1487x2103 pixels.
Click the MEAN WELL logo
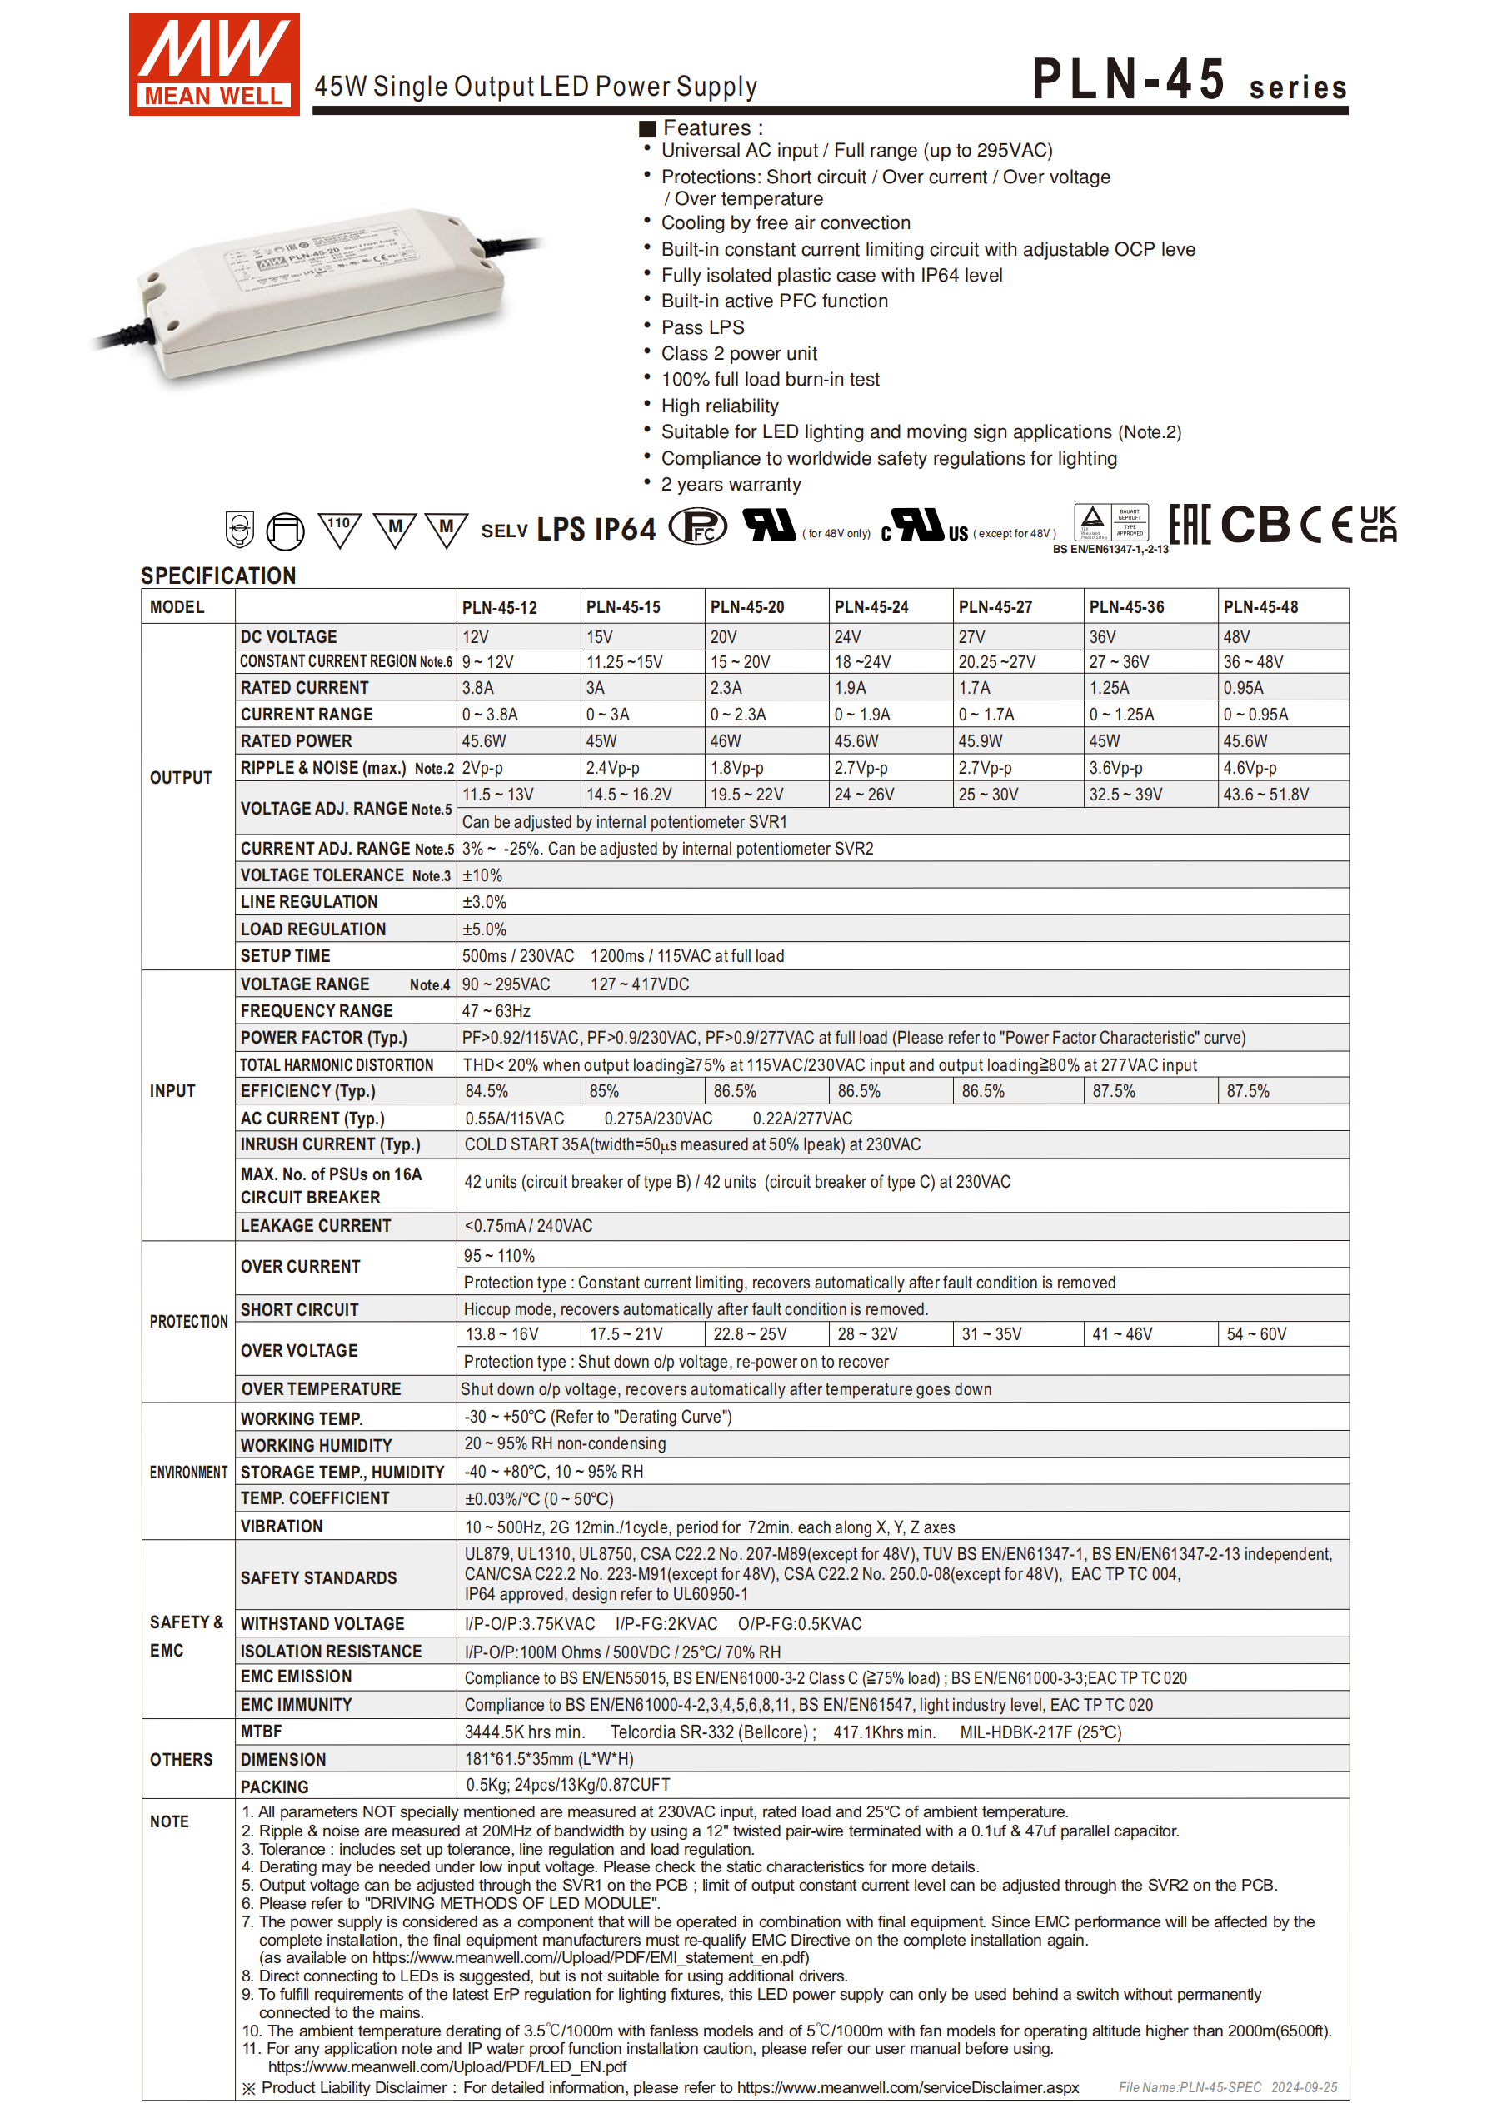click(213, 64)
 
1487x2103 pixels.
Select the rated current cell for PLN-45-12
click(479, 688)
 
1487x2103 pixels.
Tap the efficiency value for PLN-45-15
click(604, 1091)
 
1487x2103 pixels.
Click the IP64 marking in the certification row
click(625, 530)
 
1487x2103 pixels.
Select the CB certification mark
click(1255, 525)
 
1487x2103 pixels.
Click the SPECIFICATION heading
click(218, 576)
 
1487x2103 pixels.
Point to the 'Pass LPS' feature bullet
click(703, 328)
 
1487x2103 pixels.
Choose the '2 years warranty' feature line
click(731, 485)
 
